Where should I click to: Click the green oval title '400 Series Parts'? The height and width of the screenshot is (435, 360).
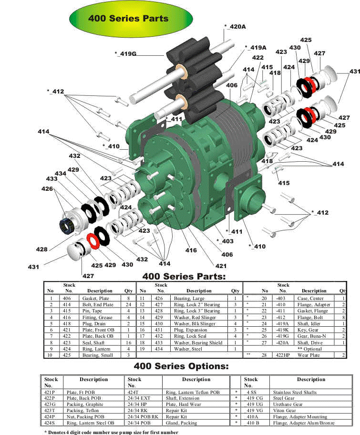(131, 19)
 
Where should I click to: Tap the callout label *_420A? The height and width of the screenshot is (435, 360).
(235, 27)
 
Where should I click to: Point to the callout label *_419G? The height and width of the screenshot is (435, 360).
(125, 53)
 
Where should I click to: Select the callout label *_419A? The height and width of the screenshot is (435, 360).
(256, 47)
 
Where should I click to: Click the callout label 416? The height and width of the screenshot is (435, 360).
(191, 250)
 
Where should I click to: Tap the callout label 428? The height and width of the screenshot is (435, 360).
(41, 249)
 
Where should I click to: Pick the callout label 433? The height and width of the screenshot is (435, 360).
(52, 179)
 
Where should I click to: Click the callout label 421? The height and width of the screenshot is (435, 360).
(221, 266)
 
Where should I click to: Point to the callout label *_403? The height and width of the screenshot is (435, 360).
(225, 241)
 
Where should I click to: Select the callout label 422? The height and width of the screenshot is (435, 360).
(258, 57)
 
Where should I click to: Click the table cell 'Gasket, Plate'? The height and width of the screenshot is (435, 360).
(96, 299)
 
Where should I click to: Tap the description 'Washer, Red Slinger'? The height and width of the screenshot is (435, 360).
(195, 317)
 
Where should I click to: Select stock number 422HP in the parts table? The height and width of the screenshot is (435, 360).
(283, 355)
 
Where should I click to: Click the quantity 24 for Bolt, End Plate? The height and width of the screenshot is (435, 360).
(128, 305)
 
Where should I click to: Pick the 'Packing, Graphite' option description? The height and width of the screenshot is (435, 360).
(85, 404)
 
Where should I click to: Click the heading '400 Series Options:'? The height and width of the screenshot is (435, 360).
(181, 366)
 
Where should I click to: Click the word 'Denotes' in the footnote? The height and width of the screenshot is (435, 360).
(57, 432)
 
